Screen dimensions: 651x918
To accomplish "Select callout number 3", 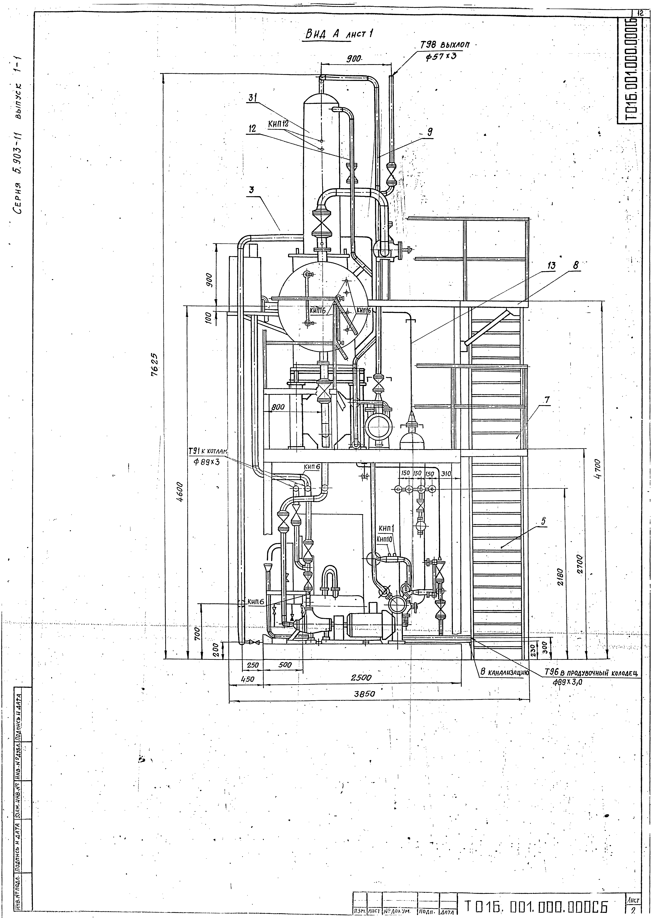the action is pos(251,190).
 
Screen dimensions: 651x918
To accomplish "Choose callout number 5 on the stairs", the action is pos(543,522).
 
